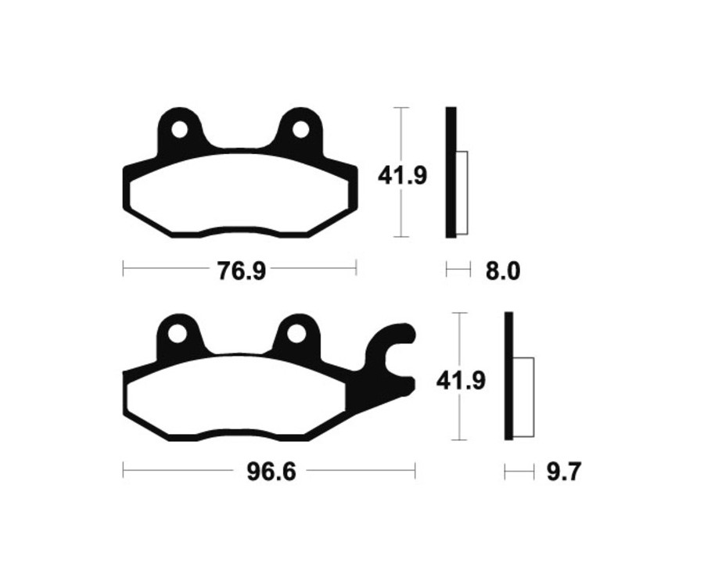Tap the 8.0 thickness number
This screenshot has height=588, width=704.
(x=502, y=271)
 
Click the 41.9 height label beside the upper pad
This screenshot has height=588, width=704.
(x=402, y=175)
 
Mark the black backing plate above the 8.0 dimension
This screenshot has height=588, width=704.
(x=451, y=172)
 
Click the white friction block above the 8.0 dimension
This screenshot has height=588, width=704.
(x=462, y=192)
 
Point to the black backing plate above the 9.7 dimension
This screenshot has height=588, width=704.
(x=509, y=375)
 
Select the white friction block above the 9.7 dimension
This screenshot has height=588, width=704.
(x=523, y=396)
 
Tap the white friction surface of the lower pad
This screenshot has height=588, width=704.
(x=235, y=399)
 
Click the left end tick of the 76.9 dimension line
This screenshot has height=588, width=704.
(x=124, y=270)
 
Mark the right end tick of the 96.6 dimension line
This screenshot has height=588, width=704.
(x=415, y=471)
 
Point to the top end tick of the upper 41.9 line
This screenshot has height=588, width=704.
(x=401, y=108)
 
